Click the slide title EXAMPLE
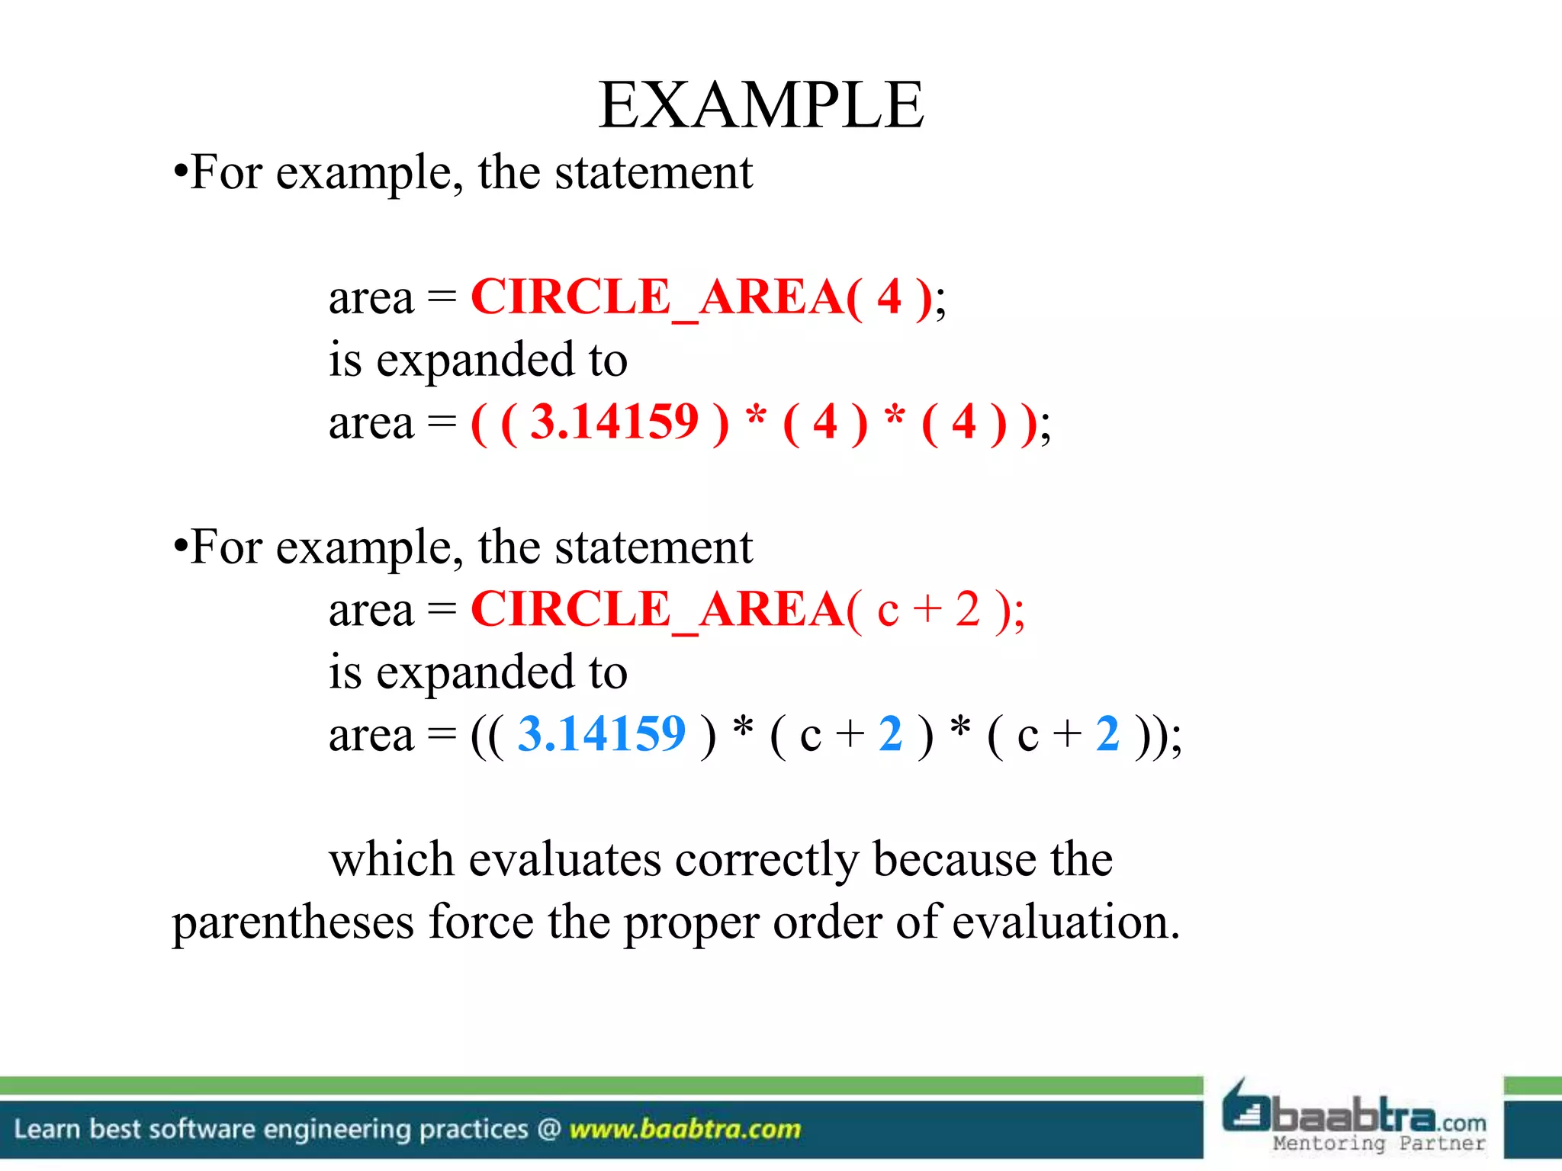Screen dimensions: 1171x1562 tap(761, 105)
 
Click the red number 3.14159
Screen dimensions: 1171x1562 tap(614, 422)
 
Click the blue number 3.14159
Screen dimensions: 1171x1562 tap(602, 734)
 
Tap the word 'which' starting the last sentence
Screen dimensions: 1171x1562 tap(391, 859)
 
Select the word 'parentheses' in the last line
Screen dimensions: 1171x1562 tap(293, 922)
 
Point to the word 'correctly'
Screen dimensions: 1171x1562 tap(767, 860)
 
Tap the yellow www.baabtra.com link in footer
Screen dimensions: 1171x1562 tap(685, 1129)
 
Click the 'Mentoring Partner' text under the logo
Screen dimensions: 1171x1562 tap(1379, 1144)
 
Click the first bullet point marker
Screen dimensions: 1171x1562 tap(180, 172)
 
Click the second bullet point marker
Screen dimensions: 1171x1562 tap(180, 547)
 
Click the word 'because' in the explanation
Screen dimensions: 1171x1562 tap(954, 859)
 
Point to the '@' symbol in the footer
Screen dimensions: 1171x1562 tap(549, 1129)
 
